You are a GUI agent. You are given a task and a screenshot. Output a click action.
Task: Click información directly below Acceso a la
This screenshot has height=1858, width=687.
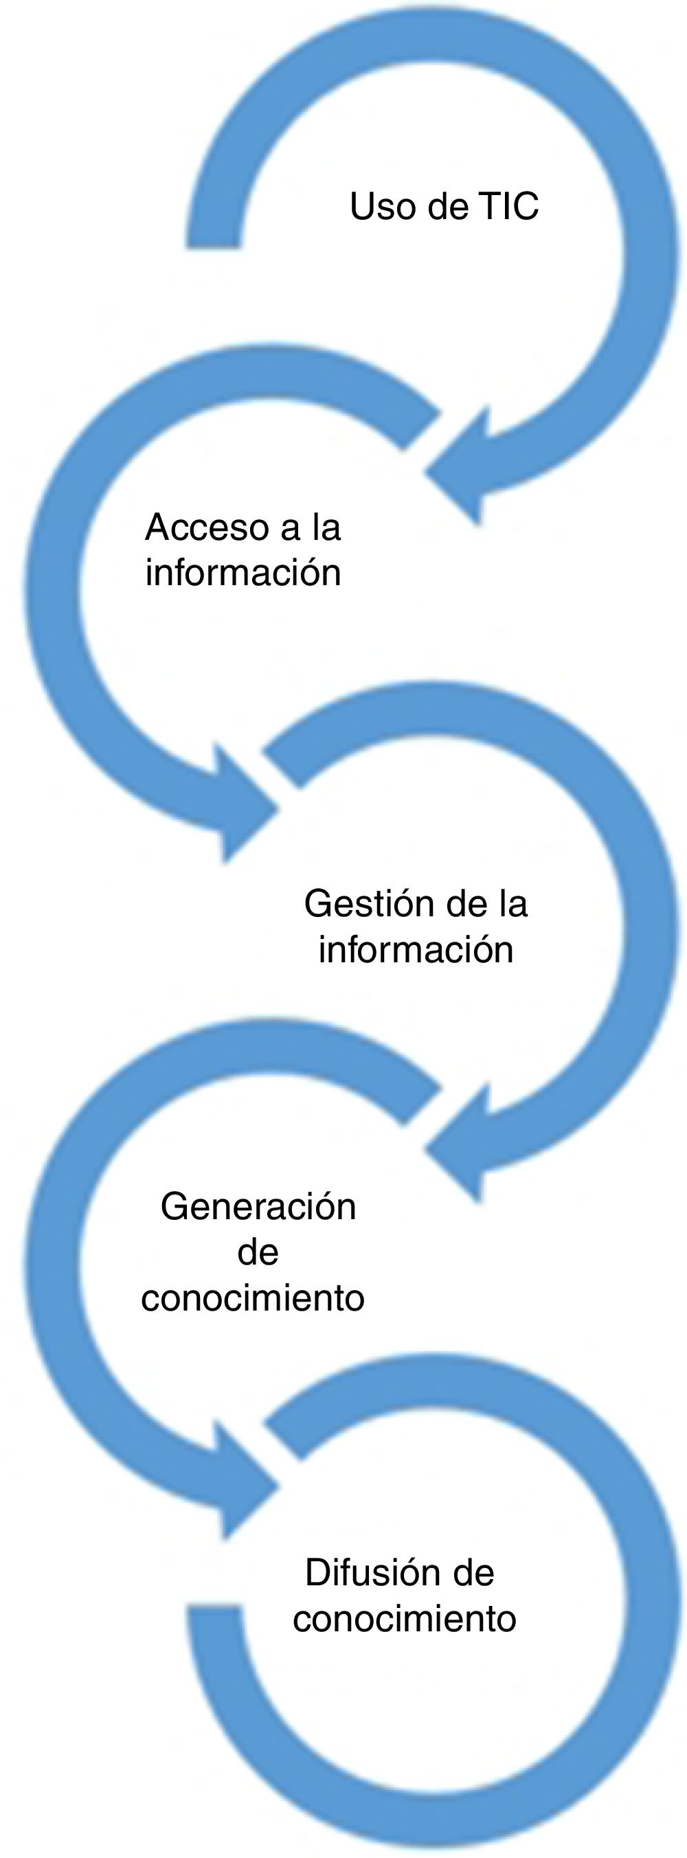[243, 574]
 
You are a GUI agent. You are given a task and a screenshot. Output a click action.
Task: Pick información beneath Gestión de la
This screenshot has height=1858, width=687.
[416, 950]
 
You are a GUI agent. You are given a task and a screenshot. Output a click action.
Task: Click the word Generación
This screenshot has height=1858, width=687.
[258, 1207]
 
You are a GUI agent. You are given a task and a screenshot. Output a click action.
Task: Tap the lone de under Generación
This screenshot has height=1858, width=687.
[258, 1253]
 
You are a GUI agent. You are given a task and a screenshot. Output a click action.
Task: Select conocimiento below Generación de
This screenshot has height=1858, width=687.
[253, 1299]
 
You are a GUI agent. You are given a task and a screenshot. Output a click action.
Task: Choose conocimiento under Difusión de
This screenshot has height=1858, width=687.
[404, 1618]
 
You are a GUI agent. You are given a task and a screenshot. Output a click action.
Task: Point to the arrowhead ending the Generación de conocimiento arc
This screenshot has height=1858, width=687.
[245, 1480]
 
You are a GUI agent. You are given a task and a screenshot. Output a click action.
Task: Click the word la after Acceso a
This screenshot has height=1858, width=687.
[326, 528]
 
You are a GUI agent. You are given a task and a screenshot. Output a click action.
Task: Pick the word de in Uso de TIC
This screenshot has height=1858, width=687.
[447, 207]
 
